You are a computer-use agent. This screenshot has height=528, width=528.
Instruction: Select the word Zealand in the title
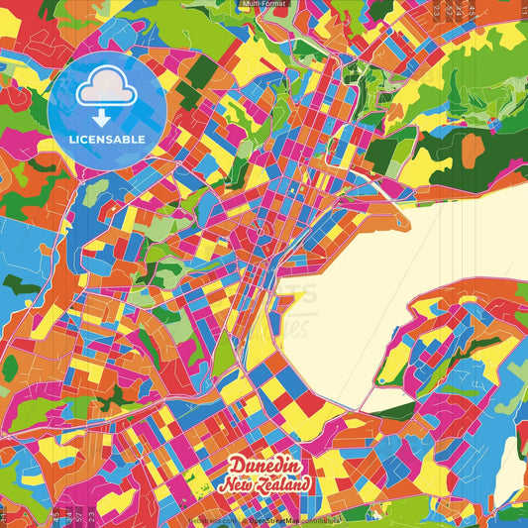[284, 483]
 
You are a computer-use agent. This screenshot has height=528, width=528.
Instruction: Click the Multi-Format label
[264, 4]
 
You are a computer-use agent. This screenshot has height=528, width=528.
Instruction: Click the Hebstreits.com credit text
[214, 519]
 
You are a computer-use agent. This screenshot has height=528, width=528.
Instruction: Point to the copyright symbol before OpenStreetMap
[244, 519]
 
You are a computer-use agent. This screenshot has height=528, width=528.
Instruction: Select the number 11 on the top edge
[522, 10]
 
